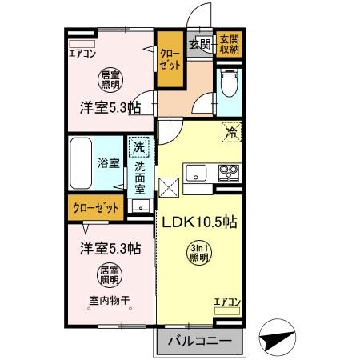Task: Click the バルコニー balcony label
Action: (201, 342)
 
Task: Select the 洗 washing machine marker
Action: (138, 147)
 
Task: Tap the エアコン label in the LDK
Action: (227, 302)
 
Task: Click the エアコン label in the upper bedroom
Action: (83, 54)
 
